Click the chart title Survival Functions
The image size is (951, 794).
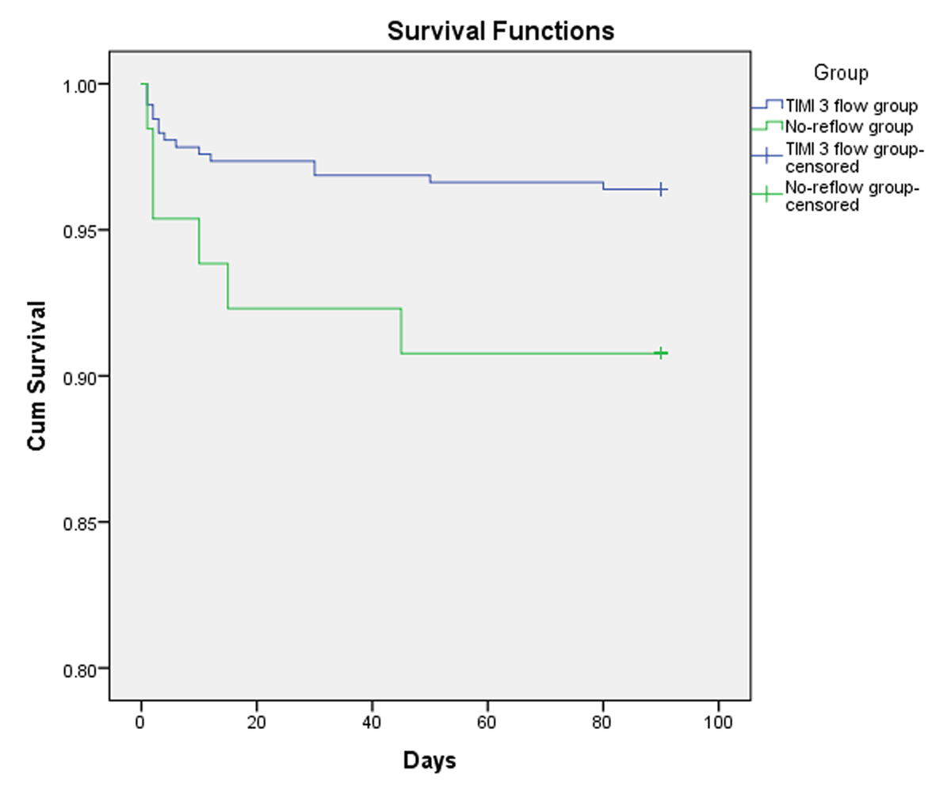pos(500,31)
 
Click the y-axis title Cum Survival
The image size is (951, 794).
pos(36,376)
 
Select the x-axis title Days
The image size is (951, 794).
pos(430,761)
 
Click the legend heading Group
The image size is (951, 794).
pos(841,74)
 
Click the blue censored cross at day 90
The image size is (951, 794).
pos(661,189)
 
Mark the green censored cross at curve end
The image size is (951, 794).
pos(661,353)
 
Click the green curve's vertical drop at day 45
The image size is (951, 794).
pos(401,330)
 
